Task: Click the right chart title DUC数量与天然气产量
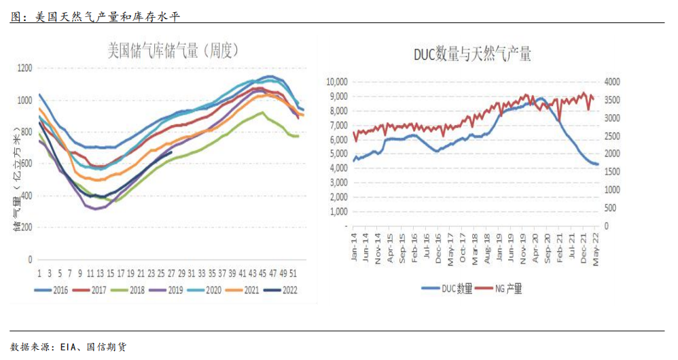click(472, 54)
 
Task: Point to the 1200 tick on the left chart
click(25, 68)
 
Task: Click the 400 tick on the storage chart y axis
click(27, 196)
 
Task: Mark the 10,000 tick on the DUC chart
click(336, 82)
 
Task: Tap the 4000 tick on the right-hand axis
click(613, 82)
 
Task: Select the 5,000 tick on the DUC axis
click(338, 154)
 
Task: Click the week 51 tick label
click(293, 273)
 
